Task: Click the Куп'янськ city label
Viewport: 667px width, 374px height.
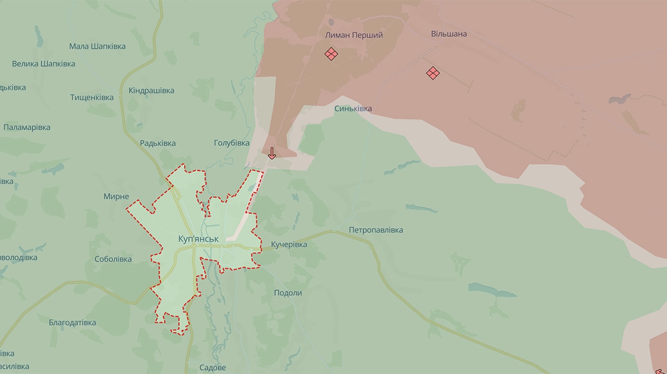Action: pos(198,239)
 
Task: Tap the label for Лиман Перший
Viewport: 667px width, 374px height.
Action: pos(354,35)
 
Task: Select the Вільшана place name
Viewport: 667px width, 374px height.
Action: pos(448,34)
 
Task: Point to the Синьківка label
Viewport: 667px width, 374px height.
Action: pos(353,109)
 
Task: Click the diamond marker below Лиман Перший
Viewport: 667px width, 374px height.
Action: pos(331,54)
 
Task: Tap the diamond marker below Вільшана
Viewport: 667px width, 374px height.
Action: pos(433,73)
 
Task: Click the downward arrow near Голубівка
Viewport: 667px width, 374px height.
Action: pos(272,153)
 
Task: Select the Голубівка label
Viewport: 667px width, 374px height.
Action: pos(231,143)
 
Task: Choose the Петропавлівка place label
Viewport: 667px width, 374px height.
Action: pos(376,230)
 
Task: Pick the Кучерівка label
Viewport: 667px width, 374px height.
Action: pos(289,244)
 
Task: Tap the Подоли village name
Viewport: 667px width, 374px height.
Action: pos(288,293)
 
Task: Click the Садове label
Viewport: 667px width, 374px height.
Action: pos(212,368)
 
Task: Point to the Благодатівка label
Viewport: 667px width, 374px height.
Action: pos(72,323)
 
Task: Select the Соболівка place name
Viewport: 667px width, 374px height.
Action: pos(113,259)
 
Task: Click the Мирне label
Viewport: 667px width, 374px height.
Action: pos(116,196)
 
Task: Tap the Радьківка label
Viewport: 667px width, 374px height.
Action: pos(158,143)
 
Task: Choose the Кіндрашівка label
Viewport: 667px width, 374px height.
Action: pos(151,90)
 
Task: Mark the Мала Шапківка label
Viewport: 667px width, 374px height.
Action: pos(97,46)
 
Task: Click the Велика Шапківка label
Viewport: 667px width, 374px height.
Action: pos(44,64)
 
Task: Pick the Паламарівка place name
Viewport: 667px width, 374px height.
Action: pos(27,127)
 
